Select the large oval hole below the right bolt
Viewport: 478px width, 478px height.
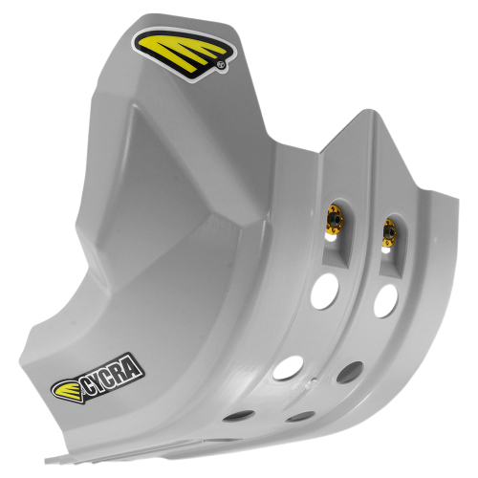point(384,300)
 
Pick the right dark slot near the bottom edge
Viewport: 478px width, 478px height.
point(303,417)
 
